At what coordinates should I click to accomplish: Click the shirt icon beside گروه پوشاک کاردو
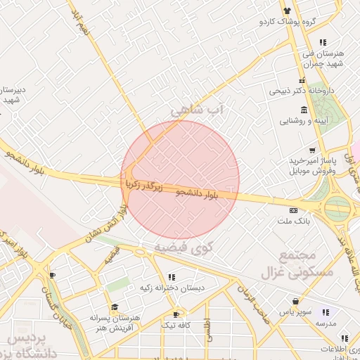click(287, 10)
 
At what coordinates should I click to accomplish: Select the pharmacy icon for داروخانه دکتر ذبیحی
click(302, 80)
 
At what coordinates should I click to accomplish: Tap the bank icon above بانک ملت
click(293, 210)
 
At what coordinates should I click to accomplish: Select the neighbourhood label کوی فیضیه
click(183, 247)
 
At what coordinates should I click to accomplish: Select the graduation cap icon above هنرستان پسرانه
click(115, 307)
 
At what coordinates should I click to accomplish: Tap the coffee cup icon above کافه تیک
click(176, 314)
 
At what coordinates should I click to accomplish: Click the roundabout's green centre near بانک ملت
click(337, 208)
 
